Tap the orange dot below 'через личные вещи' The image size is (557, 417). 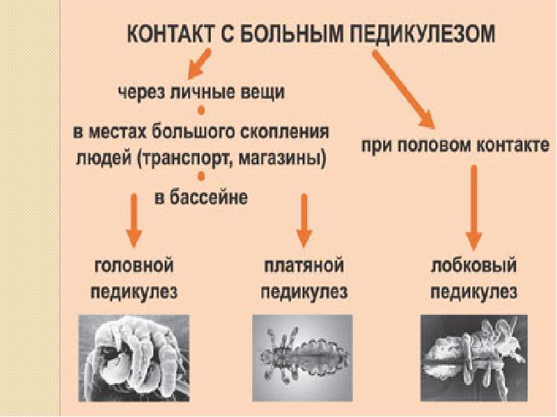(201, 111)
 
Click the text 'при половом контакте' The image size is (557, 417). (455, 147)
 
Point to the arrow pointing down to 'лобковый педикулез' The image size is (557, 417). (473, 208)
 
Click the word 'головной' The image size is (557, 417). (134, 265)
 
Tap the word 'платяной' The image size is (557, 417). (304, 266)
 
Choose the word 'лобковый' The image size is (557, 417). (473, 265)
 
